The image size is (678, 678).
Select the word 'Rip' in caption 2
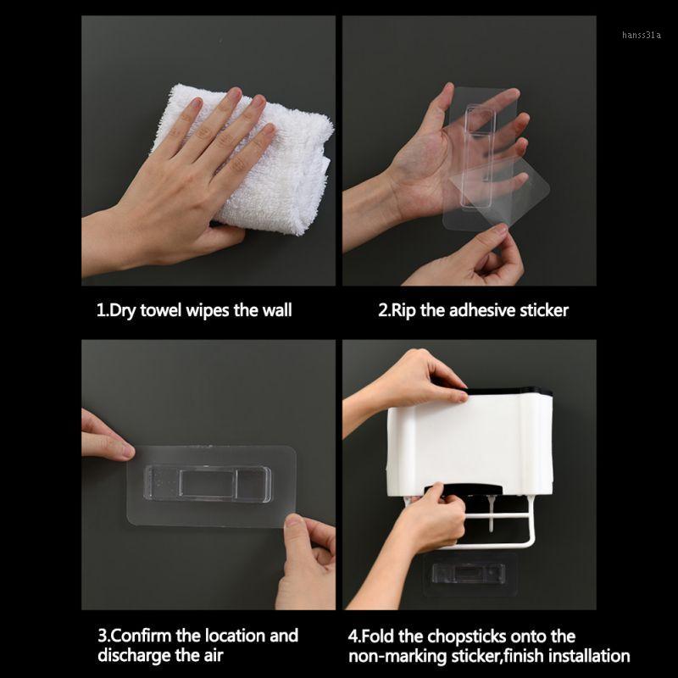point(403,310)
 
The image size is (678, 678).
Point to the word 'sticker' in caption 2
point(540,310)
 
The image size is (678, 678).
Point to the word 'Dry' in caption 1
point(119,310)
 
